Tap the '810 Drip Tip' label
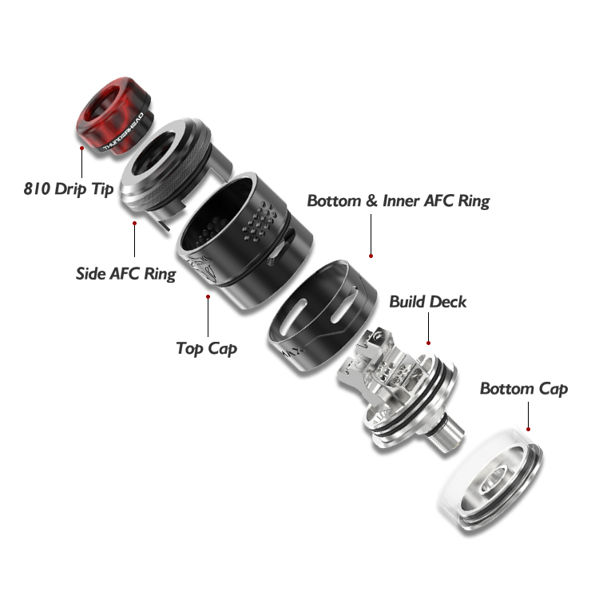click(x=69, y=189)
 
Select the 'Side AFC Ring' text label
click(x=125, y=273)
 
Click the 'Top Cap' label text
click(x=206, y=348)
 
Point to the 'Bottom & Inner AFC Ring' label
click(x=398, y=200)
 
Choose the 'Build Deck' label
click(x=427, y=302)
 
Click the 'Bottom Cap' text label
click(x=523, y=389)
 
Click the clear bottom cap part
click(x=489, y=476)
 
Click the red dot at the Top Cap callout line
click(x=208, y=296)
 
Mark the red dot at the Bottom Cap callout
click(x=528, y=405)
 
